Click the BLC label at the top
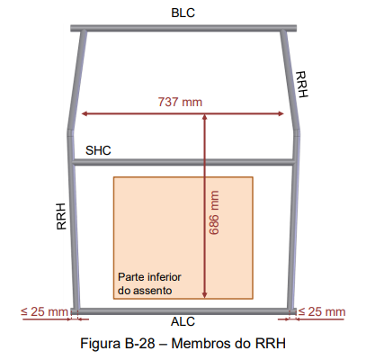[183, 13]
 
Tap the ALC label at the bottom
[183, 321]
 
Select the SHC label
[98, 150]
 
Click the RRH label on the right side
[301, 85]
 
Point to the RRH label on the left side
[61, 216]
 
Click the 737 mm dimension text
[180, 102]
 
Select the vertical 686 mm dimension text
[214, 212]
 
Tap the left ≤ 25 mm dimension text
[44, 311]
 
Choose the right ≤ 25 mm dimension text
[322, 311]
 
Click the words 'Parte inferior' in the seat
[149, 277]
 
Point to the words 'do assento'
[145, 291]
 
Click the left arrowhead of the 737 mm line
[85, 113]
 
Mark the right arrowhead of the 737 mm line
[281, 113]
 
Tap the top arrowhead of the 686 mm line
[205, 117]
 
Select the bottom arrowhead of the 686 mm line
[205, 295]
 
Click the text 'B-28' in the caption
[139, 343]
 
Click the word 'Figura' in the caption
[101, 344]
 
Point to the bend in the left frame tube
[70, 130]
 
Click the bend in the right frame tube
[296, 130]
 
